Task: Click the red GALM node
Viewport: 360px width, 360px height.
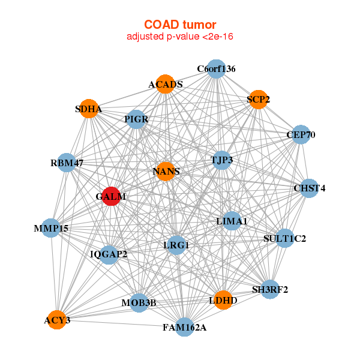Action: (x=110, y=196)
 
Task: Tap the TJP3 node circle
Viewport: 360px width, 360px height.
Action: (x=221, y=160)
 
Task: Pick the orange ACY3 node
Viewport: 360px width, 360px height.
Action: (x=57, y=320)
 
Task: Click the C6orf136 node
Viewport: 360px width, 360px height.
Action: (x=216, y=69)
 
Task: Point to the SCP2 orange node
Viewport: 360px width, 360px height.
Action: (x=258, y=100)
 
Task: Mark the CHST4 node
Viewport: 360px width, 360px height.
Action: (x=309, y=188)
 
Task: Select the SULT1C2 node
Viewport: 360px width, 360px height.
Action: (x=284, y=239)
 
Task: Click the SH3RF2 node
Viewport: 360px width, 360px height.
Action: (x=270, y=289)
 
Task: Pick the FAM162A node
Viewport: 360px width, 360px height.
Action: (x=185, y=327)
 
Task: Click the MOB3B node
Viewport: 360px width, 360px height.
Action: (x=139, y=302)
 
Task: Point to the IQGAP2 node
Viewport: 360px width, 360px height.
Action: (x=109, y=254)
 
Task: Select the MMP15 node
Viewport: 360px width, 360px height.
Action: (x=52, y=228)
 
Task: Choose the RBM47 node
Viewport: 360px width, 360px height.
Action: (x=67, y=163)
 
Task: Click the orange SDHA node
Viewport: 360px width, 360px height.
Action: (x=89, y=109)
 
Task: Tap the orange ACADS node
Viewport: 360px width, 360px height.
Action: (x=166, y=84)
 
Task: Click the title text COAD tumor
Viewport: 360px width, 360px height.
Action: (x=180, y=24)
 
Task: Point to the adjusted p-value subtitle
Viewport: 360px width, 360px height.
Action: (x=180, y=37)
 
